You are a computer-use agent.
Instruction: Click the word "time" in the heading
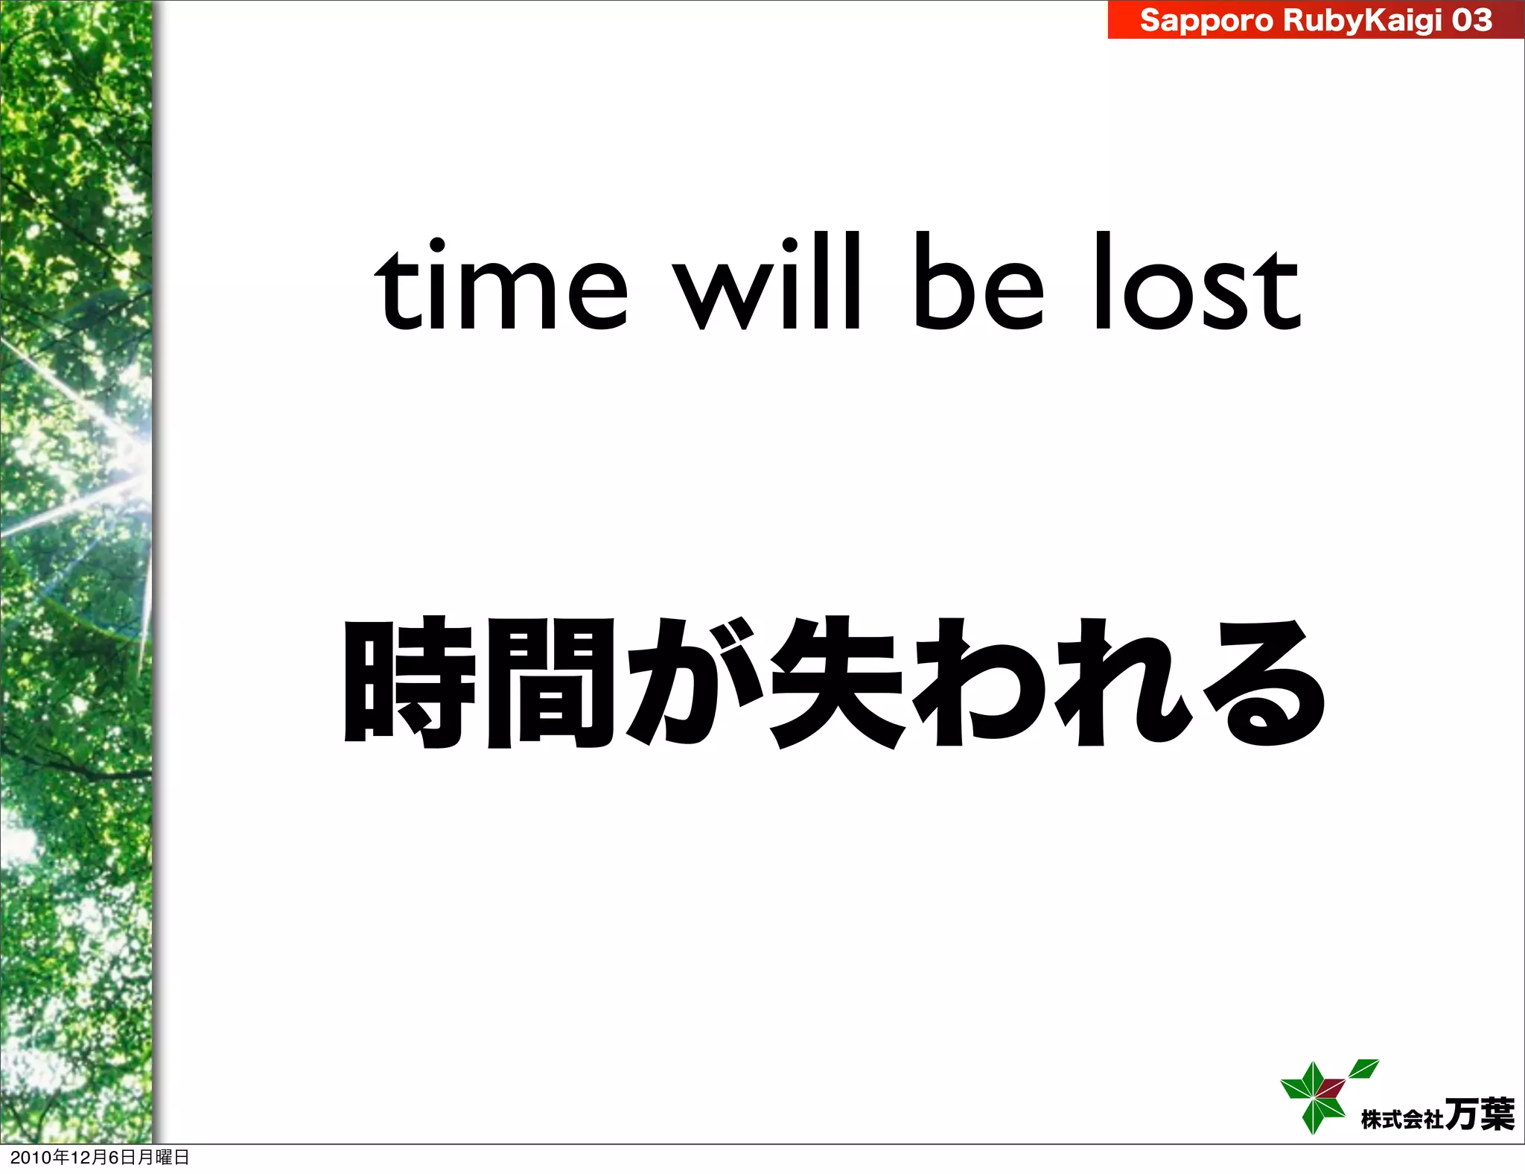click(x=501, y=288)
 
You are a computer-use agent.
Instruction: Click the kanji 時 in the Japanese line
click(x=409, y=682)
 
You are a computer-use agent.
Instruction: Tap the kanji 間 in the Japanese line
click(x=551, y=682)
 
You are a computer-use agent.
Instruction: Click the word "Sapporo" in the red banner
click(x=1206, y=20)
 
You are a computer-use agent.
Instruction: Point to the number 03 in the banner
click(x=1471, y=19)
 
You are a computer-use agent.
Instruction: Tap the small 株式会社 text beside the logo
click(x=1402, y=1119)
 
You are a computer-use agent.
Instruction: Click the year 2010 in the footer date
click(x=29, y=1158)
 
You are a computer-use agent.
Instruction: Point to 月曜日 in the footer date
click(x=164, y=1158)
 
